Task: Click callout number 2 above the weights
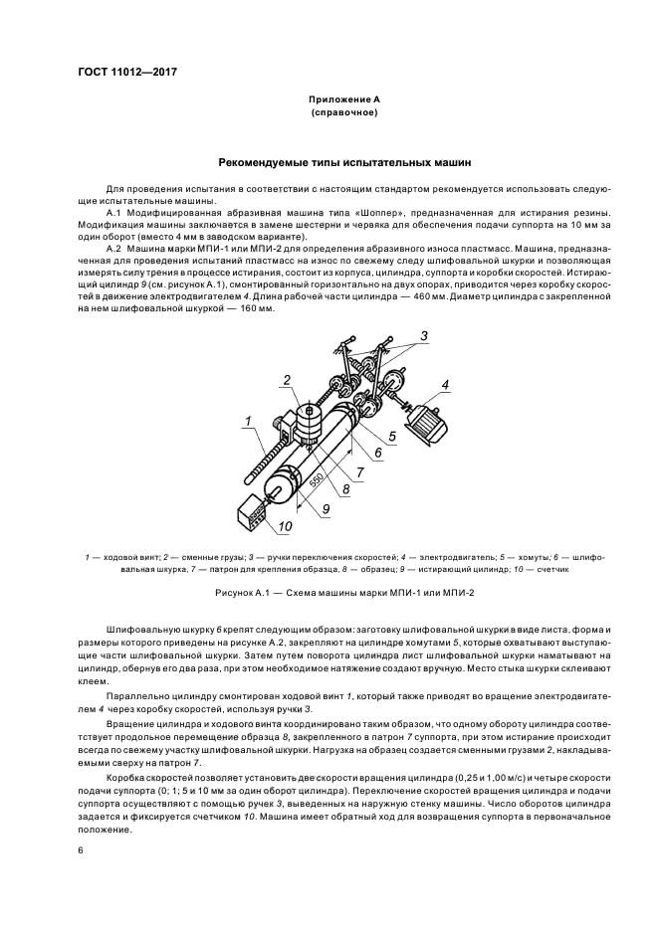point(285,379)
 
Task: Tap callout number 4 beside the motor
point(446,383)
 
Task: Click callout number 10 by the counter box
point(286,526)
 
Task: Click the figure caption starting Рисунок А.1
point(329,594)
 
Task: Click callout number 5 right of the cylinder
point(392,435)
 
